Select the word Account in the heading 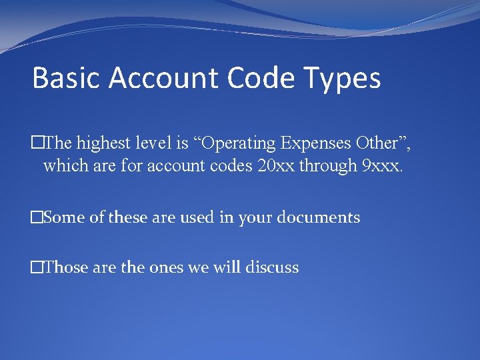coord(164,78)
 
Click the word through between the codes coord(327,165)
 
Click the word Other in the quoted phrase coord(377,142)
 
